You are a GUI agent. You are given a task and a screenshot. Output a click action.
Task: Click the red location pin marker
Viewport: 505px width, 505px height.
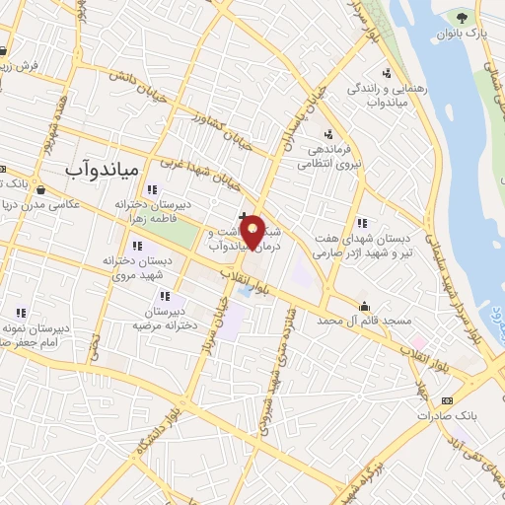pyautogui.click(x=252, y=233)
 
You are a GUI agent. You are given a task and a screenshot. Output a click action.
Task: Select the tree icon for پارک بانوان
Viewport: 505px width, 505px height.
pyautogui.click(x=460, y=17)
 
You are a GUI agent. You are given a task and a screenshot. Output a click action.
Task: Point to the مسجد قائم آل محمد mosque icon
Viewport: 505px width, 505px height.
pyautogui.click(x=365, y=305)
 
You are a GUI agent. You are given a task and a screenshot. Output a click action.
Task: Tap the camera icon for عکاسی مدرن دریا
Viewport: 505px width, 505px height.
pyautogui.click(x=40, y=188)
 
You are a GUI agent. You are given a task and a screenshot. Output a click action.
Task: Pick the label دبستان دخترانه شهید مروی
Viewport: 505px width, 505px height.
pyautogui.click(x=137, y=266)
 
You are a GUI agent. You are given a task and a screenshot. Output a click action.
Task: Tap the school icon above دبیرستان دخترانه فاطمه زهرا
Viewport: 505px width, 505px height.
pyautogui.click(x=151, y=189)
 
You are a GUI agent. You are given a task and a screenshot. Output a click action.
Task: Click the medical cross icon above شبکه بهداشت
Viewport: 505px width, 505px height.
pyautogui.click(x=244, y=216)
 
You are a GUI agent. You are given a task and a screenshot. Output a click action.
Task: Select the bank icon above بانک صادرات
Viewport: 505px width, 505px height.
pyautogui.click(x=449, y=401)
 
